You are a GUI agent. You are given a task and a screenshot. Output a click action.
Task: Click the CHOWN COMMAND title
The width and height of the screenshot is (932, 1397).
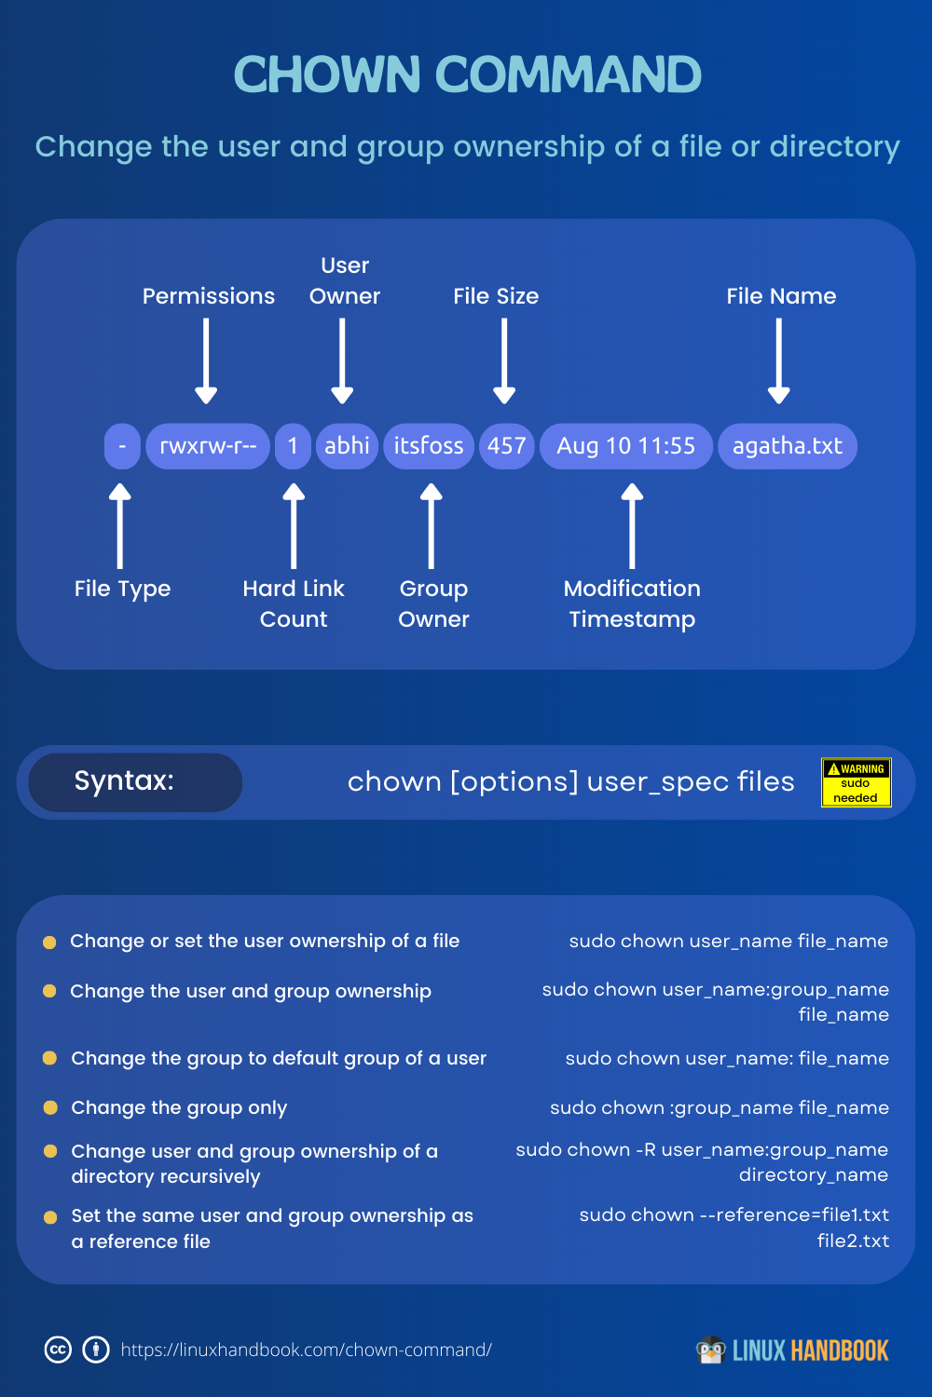467,75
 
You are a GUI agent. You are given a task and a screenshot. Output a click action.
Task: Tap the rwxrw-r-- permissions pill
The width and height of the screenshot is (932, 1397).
208,446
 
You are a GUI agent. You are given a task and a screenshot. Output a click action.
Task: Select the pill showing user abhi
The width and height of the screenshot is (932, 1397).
347,446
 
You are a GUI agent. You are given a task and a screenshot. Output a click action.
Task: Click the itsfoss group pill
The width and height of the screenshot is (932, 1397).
429,446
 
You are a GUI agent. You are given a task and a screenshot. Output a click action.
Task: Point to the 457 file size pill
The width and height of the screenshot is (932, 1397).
506,446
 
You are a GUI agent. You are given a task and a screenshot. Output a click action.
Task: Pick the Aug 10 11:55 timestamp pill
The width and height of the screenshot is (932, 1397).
625,446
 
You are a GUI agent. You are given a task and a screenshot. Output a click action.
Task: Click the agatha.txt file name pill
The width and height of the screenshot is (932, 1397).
788,446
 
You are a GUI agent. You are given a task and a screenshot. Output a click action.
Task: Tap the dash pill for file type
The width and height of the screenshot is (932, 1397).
122,446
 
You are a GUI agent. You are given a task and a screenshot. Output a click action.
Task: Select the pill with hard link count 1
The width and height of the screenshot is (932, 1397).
293,446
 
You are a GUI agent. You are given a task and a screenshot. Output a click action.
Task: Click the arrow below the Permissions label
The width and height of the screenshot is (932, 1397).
207,361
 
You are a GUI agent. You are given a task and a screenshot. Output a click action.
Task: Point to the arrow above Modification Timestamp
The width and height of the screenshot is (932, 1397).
632,526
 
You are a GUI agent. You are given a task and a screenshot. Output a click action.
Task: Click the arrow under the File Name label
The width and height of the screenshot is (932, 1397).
779,361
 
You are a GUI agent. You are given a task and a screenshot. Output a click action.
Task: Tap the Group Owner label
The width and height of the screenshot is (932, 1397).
433,604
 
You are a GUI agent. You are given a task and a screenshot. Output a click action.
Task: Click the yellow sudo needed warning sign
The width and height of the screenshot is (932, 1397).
856,782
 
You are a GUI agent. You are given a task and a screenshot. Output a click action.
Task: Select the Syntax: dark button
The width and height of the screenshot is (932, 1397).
135,781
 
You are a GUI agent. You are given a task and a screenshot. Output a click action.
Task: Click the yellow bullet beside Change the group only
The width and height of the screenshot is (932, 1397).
50,1107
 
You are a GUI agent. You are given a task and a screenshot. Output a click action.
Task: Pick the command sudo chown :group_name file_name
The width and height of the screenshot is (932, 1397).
719,1107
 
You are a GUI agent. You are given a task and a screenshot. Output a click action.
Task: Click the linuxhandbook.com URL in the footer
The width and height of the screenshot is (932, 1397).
306,1350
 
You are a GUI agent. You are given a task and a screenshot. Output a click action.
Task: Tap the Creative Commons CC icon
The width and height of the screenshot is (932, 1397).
58,1350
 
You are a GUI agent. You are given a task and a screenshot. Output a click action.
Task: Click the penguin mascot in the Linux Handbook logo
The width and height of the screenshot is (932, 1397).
711,1350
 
